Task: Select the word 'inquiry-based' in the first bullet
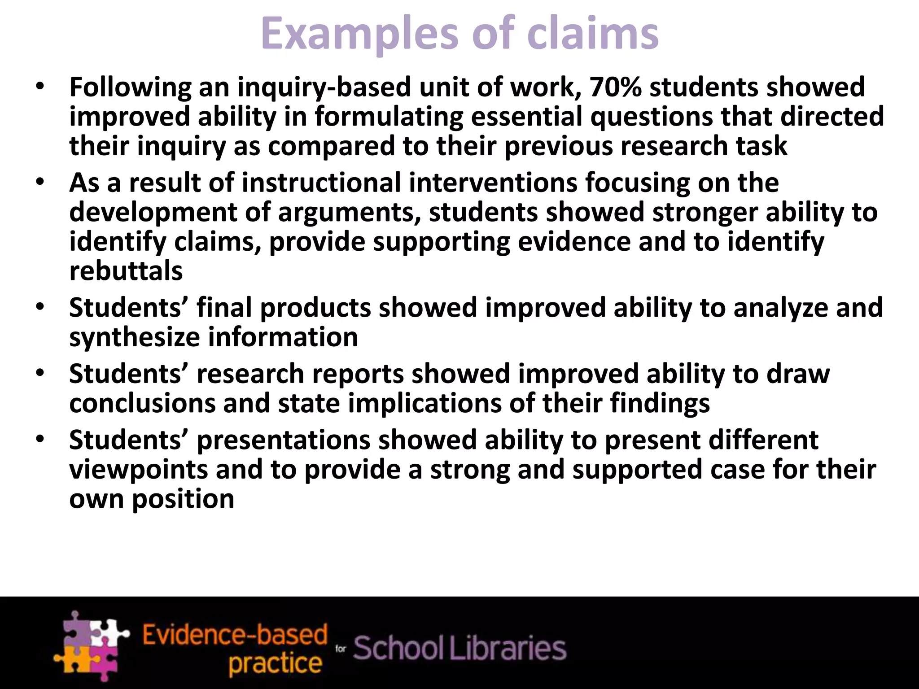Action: pos(324,87)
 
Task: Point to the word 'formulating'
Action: pos(389,117)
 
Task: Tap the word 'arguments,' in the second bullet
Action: pos(350,212)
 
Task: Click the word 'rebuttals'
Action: pos(126,271)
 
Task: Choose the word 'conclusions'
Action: pos(142,403)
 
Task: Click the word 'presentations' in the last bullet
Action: pos(284,440)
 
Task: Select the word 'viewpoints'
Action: pos(139,469)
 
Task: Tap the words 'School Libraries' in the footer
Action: pos(459,649)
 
